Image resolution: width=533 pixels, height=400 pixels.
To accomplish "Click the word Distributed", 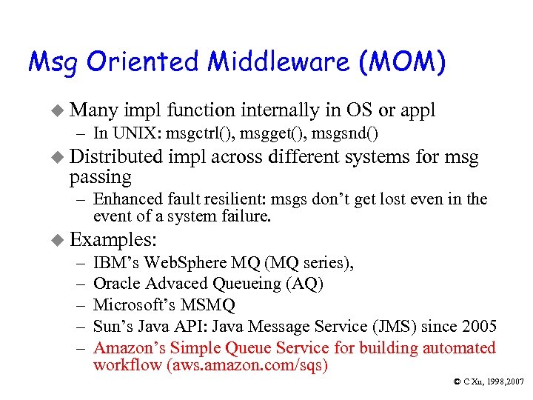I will tap(115, 157).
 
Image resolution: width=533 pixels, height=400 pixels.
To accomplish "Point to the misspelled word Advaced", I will tap(175, 284).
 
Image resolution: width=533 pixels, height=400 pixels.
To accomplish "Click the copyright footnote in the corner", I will tap(489, 381).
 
